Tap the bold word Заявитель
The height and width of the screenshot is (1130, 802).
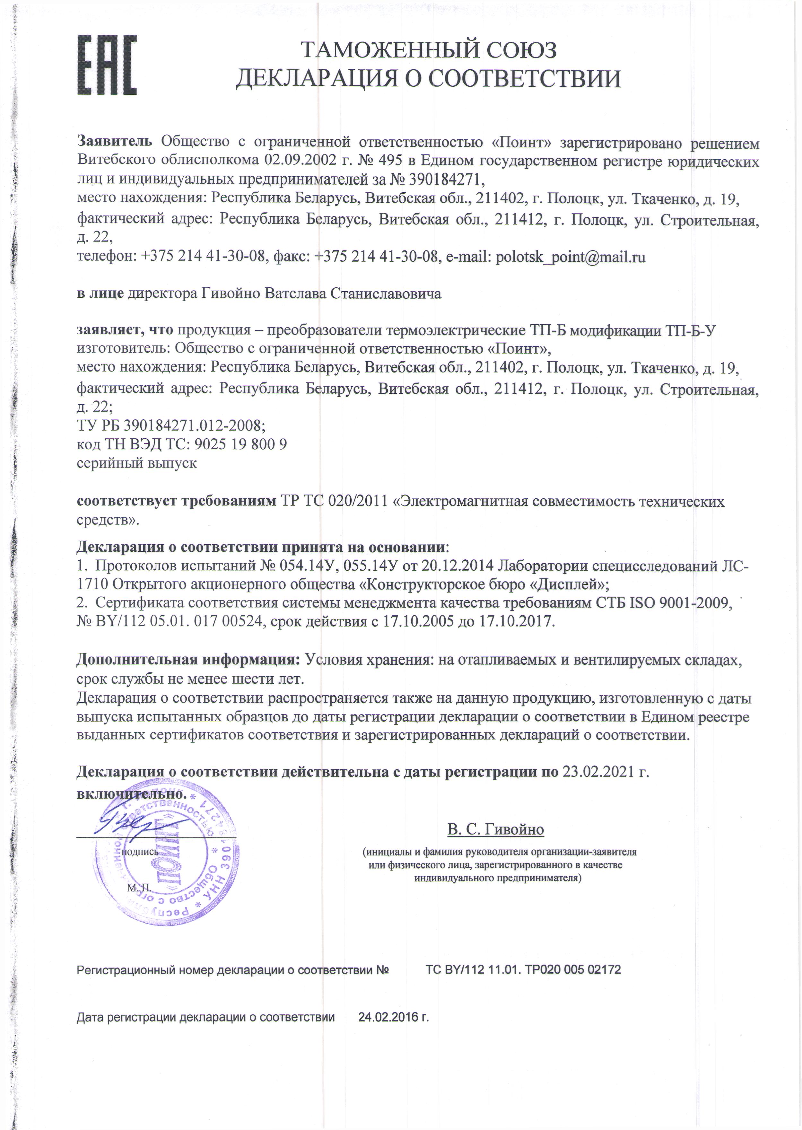pos(115,141)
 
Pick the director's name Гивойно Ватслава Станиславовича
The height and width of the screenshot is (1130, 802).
pos(321,294)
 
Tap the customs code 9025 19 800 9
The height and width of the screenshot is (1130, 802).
pos(241,444)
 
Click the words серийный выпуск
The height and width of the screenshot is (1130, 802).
pos(137,463)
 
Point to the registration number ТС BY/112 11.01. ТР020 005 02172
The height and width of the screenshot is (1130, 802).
pos(523,969)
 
